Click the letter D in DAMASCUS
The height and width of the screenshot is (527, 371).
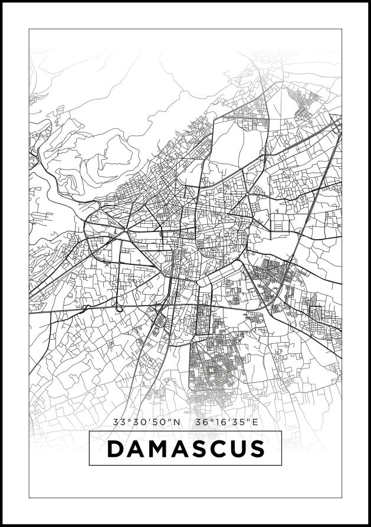coord(116,449)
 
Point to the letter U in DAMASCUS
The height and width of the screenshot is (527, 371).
coord(236,449)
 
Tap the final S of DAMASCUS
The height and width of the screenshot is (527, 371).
coord(255,449)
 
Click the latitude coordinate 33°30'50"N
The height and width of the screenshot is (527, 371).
coord(146,422)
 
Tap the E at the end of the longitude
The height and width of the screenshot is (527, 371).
coord(255,422)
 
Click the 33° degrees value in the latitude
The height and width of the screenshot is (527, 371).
coord(122,422)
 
